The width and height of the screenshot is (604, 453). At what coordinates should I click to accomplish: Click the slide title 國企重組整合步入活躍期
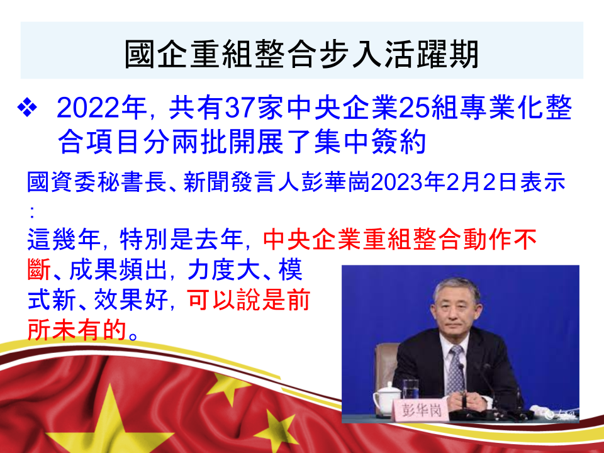301,54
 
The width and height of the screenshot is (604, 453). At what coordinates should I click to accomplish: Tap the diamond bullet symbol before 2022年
27,108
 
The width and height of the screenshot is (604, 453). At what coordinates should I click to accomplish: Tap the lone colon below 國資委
31,211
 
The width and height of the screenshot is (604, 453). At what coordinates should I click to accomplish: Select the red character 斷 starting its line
39,270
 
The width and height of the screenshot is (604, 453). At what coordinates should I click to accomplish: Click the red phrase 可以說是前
249,299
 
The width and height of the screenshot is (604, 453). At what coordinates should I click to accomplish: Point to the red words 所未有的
77,330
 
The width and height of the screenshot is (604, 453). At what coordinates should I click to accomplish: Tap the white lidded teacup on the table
387,398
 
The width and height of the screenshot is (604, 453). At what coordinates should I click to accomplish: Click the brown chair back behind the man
385,366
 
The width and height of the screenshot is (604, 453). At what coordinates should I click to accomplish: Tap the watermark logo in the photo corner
559,415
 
